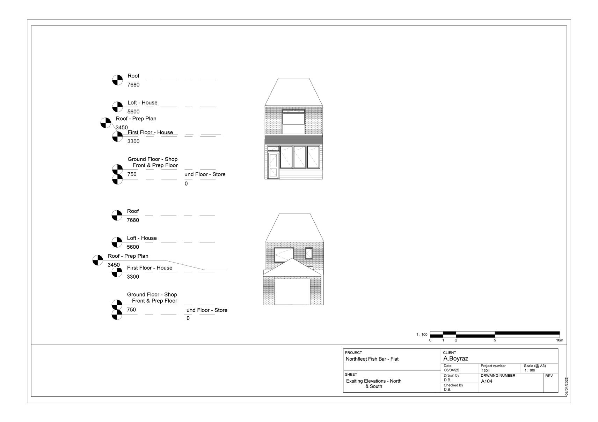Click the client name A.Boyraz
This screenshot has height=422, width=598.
(455, 359)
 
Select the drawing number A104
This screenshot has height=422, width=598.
(487, 381)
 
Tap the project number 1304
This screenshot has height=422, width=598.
(486, 370)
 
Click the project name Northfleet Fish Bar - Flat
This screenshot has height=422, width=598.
(372, 359)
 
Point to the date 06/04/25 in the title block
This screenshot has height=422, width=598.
(452, 370)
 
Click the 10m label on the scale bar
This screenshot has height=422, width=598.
(560, 340)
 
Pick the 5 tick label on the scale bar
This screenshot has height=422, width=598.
(495, 340)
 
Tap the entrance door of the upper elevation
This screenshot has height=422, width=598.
(273, 165)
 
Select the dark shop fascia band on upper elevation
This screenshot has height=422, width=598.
(293, 140)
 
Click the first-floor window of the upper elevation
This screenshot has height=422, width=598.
(293, 118)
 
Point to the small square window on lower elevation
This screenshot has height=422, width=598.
(309, 253)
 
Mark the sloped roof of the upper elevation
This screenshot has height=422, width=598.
(293, 91)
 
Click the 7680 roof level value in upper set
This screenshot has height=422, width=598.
(133, 85)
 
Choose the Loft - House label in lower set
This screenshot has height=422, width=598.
(142, 238)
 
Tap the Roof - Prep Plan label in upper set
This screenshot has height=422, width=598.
(136, 119)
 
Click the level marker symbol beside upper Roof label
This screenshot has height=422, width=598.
(117, 80)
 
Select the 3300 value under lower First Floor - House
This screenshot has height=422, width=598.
(133, 277)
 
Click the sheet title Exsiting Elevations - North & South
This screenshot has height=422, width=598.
(374, 384)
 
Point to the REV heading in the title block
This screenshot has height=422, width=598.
(549, 376)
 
